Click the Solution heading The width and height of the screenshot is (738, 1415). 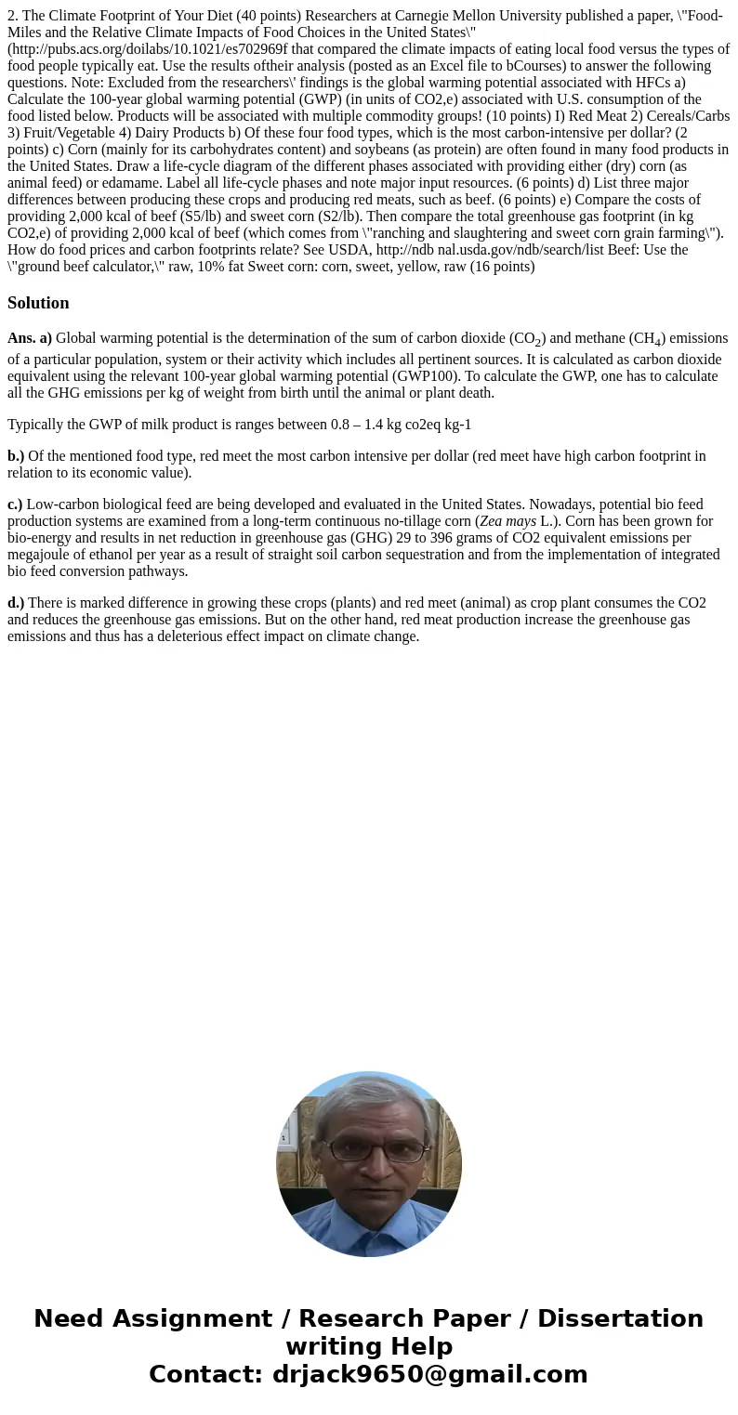coord(38,303)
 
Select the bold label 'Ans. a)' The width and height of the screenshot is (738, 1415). coord(30,338)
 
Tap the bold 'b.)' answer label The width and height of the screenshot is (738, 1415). coord(16,455)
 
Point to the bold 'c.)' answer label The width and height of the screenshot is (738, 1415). coord(15,504)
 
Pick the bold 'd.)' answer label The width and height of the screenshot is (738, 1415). coord(16,602)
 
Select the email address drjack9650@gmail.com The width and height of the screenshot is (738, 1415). coord(429,1374)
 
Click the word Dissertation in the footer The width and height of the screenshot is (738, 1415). coord(620,1318)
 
